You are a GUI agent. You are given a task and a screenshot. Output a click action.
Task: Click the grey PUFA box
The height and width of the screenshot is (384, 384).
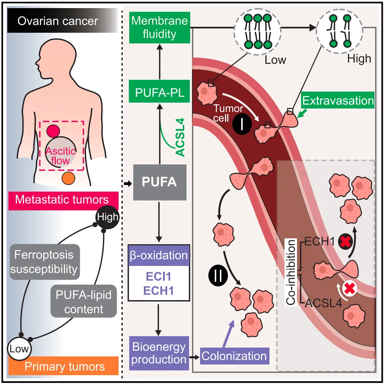click(160, 182)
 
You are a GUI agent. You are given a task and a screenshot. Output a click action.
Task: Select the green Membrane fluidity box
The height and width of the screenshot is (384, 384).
click(160, 28)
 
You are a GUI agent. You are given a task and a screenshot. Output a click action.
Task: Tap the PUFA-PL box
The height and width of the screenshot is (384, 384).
click(159, 91)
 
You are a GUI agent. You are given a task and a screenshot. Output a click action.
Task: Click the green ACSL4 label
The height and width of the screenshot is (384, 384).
click(180, 137)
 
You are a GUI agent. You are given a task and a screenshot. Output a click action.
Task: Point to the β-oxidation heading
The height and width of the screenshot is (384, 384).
click(159, 255)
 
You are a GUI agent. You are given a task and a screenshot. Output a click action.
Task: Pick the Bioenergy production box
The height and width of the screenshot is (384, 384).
click(159, 353)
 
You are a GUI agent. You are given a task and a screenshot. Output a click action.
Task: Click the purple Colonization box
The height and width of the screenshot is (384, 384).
click(235, 356)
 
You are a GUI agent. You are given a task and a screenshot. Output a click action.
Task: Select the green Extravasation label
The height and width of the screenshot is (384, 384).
click(338, 100)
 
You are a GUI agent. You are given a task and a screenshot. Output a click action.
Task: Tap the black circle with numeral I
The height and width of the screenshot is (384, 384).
click(242, 125)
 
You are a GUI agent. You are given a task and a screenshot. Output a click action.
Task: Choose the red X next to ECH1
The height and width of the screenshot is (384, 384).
click(345, 241)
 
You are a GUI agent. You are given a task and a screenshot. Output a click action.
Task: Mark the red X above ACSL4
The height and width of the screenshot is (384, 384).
click(349, 288)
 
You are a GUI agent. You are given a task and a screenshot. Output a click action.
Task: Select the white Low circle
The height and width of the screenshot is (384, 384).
click(19, 349)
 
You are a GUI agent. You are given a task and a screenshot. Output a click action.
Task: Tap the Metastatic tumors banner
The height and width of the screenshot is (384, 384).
click(64, 201)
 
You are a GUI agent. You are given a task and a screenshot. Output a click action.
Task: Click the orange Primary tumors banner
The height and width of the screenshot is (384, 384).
click(64, 366)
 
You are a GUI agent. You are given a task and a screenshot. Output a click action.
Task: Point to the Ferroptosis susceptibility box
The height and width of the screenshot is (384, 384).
click(45, 262)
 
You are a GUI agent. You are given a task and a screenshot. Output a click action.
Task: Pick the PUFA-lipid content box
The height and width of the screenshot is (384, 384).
click(83, 301)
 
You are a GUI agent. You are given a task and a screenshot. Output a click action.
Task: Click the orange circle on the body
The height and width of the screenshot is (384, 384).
click(68, 178)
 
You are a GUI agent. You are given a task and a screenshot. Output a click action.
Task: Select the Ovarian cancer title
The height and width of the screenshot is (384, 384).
click(58, 21)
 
